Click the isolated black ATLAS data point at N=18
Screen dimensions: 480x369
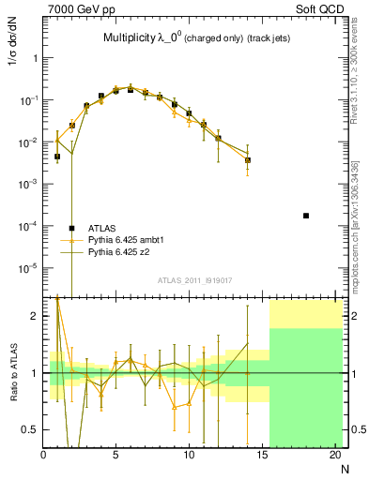click(306, 216)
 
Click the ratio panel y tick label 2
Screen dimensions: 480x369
click(35, 316)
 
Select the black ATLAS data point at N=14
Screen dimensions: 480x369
click(248, 160)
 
